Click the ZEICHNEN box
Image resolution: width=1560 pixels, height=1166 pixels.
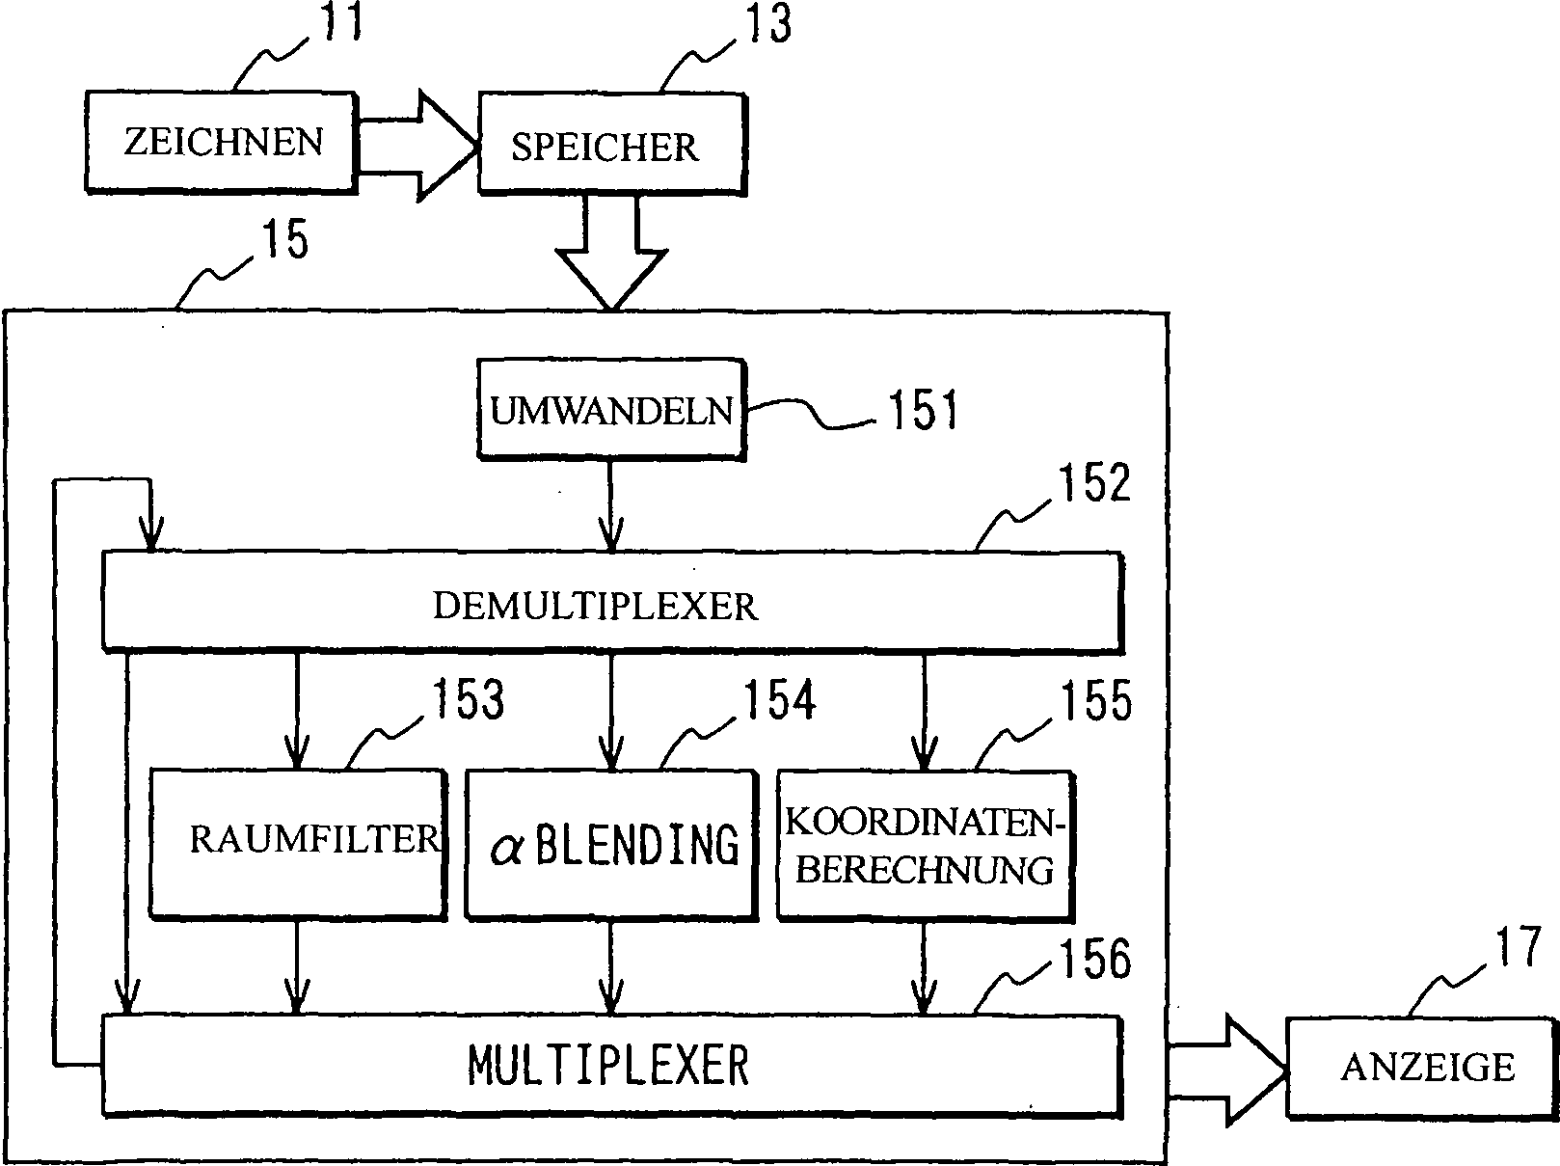221,143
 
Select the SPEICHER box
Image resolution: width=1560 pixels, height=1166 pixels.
611,145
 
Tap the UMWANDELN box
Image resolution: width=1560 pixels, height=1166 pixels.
611,410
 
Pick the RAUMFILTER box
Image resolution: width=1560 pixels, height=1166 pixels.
297,842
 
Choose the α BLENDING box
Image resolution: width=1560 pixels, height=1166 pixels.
611,842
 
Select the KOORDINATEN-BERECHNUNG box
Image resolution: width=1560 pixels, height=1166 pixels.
924,844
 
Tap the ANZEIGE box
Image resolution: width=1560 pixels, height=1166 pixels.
1421,1067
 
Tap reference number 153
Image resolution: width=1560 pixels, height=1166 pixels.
467,699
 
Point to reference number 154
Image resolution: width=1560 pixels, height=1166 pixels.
778,699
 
